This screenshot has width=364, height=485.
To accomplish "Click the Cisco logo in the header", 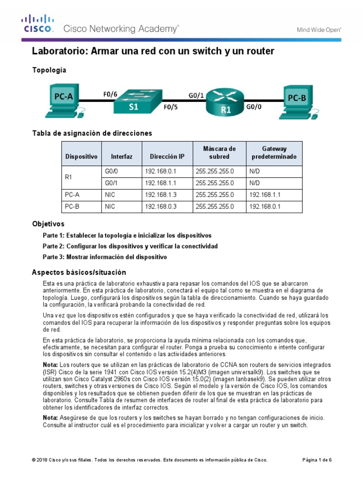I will (x=38, y=24).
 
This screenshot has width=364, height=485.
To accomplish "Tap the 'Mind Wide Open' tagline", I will (x=319, y=29).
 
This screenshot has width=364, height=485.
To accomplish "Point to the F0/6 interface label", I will (x=110, y=94).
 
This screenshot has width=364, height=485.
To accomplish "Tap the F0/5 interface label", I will (x=171, y=108).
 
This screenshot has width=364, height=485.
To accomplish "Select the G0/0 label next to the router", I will (x=254, y=108).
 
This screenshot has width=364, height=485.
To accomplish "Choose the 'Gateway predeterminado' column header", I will (x=273, y=153).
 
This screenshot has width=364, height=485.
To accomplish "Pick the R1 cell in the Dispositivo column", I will (x=69, y=177).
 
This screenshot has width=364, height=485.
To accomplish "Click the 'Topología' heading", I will (x=49, y=70).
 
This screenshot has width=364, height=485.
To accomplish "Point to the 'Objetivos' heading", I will (x=48, y=224).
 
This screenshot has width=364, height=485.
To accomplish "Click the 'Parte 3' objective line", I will (x=105, y=257).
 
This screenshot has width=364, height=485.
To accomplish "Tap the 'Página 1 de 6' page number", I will (x=317, y=459).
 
